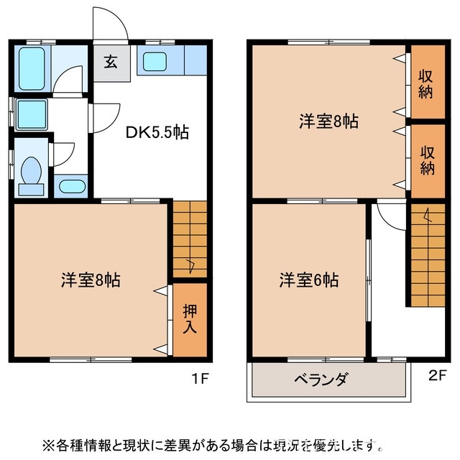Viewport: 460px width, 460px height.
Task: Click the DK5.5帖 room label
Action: click(157, 132)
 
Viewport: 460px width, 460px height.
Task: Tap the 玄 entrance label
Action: click(111, 62)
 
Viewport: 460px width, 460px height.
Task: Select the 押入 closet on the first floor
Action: click(190, 320)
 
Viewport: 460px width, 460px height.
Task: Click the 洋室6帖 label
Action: click(308, 280)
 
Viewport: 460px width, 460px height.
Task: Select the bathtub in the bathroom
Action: click(31, 68)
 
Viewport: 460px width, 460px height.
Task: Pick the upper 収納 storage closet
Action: click(427, 82)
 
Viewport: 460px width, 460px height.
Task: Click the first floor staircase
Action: click(190, 237)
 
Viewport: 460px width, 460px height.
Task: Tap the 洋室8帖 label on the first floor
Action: click(90, 280)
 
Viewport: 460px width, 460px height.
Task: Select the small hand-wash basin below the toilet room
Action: click(71, 187)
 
